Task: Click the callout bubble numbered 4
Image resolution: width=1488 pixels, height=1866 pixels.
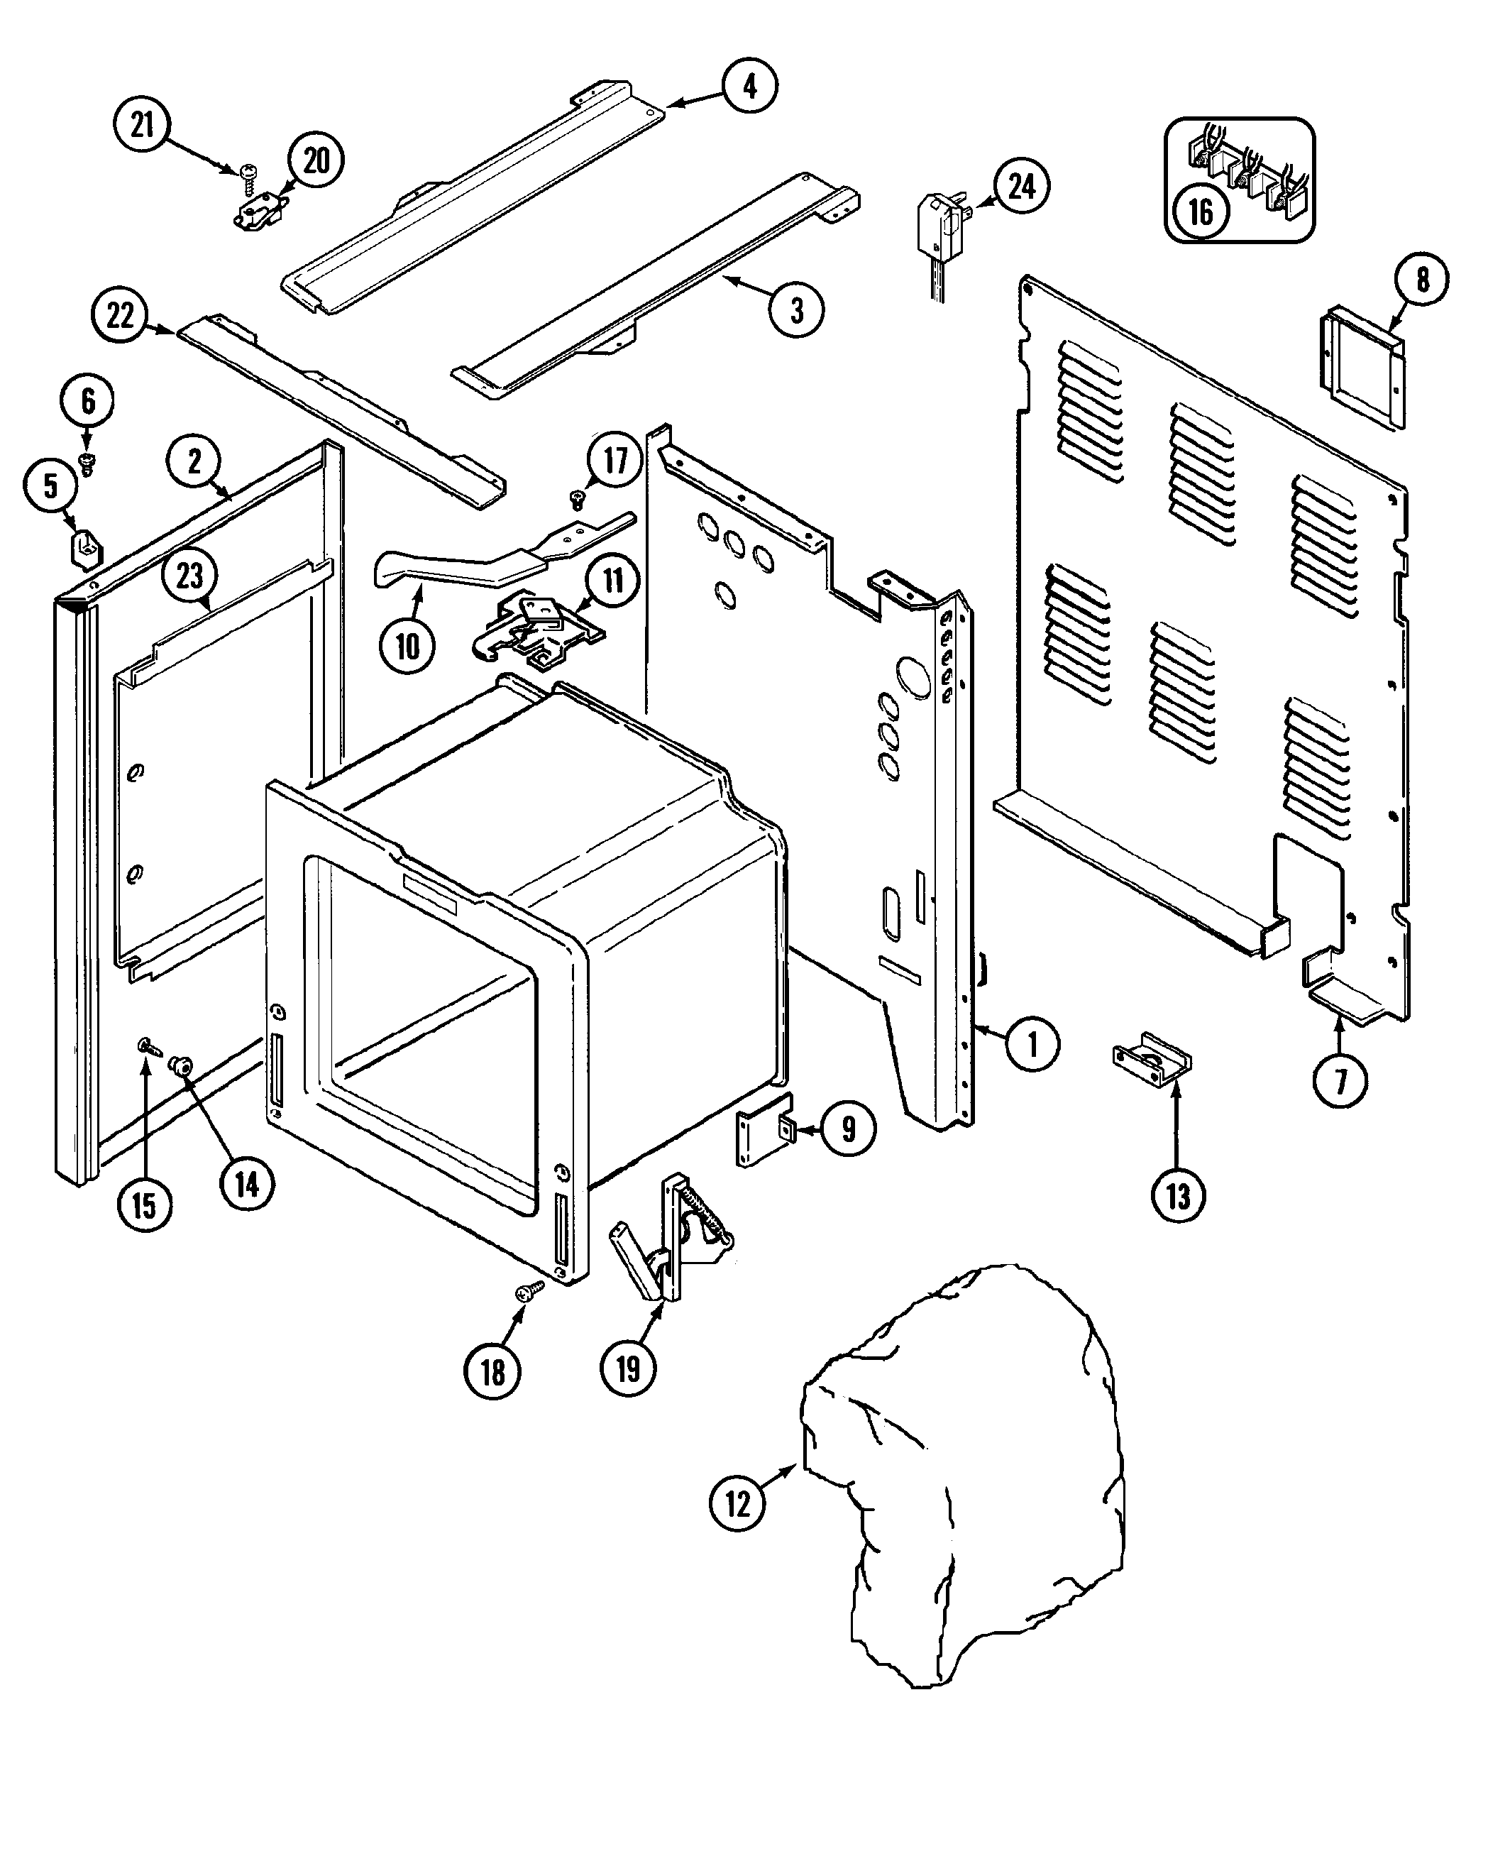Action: point(749,86)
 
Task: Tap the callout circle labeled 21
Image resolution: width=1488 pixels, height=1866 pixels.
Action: point(142,126)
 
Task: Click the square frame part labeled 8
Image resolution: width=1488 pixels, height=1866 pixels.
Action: point(1362,367)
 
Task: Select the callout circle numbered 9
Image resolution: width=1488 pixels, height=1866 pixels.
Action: point(848,1129)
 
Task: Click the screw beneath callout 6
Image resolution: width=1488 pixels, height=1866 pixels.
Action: point(87,462)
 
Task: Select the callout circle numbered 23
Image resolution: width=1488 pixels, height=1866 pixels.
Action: point(189,576)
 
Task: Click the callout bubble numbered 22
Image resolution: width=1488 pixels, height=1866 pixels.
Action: point(119,315)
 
